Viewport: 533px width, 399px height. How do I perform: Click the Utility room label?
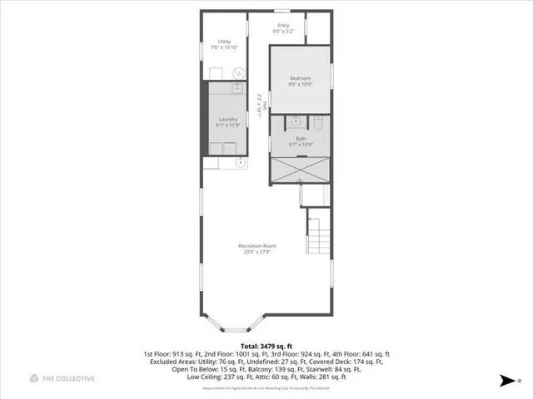(224, 42)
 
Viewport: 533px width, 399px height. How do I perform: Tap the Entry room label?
(283, 26)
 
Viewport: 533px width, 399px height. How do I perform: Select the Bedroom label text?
(300, 78)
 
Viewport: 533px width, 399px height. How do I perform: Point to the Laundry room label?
(228, 119)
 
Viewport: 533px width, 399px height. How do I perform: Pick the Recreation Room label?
(257, 246)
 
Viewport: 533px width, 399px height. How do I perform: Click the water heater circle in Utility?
(237, 71)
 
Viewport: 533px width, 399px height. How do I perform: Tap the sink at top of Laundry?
(237, 87)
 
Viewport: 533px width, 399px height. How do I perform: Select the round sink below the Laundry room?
(239, 162)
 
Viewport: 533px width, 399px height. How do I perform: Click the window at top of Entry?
(283, 11)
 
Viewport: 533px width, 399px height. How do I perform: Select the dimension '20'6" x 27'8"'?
(257, 253)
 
